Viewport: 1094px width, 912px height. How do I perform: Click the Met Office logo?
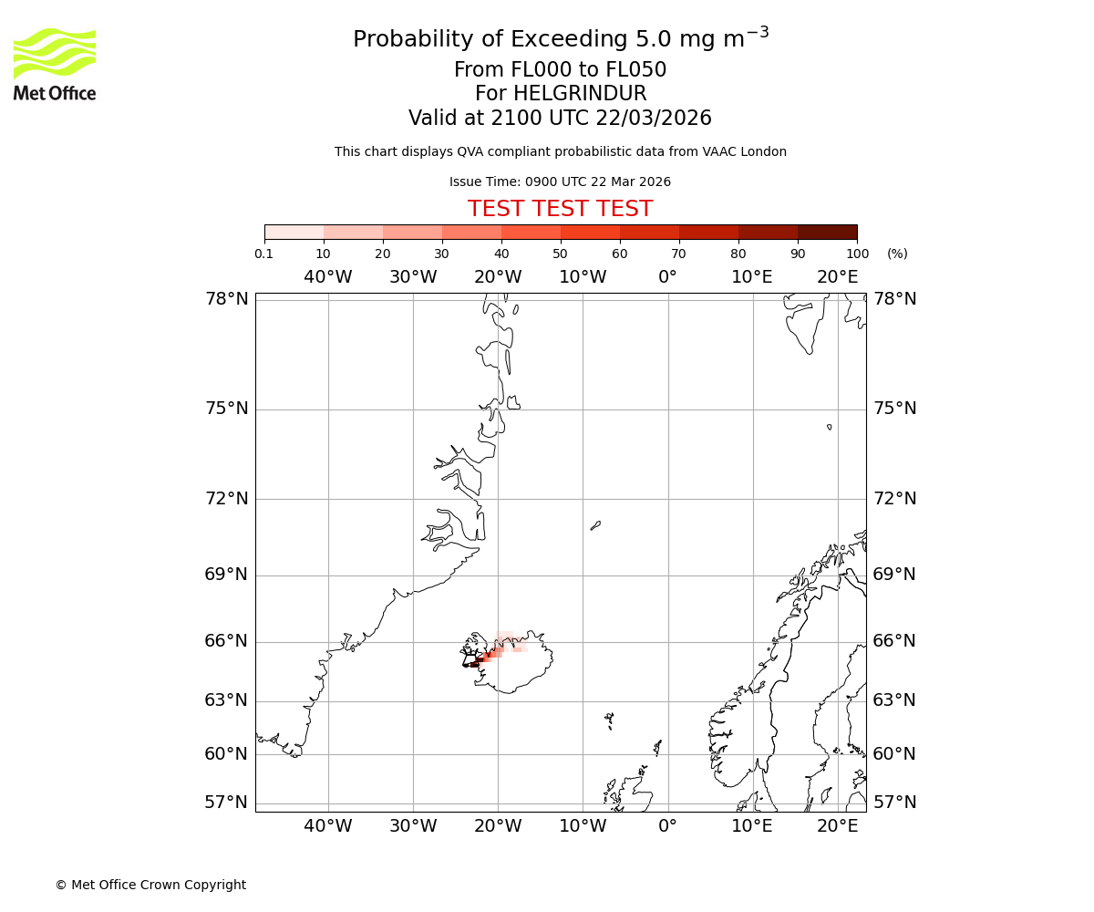[55, 64]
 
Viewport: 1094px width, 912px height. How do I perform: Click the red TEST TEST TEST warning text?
[560, 209]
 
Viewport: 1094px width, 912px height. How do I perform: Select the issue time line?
[560, 181]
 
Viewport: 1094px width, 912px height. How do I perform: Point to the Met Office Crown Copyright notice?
[150, 885]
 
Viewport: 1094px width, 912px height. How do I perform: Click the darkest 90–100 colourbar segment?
[827, 232]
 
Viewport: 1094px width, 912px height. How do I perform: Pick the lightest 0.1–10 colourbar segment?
[294, 232]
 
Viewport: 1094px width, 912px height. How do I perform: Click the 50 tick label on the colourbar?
[560, 254]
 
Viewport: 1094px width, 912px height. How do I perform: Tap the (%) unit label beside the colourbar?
[897, 254]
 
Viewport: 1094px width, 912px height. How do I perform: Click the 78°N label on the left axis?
[226, 299]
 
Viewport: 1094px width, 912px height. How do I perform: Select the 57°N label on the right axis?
[894, 803]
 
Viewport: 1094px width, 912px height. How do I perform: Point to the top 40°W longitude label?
[327, 277]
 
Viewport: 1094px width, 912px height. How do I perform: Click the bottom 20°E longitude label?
[837, 826]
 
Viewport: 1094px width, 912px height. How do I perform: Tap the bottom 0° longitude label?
[667, 826]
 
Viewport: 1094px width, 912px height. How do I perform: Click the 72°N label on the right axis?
[894, 499]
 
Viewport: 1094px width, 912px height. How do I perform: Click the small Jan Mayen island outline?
[595, 525]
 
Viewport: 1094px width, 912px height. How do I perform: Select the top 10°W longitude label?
[583, 277]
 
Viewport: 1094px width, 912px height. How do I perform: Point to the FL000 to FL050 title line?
[560, 70]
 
